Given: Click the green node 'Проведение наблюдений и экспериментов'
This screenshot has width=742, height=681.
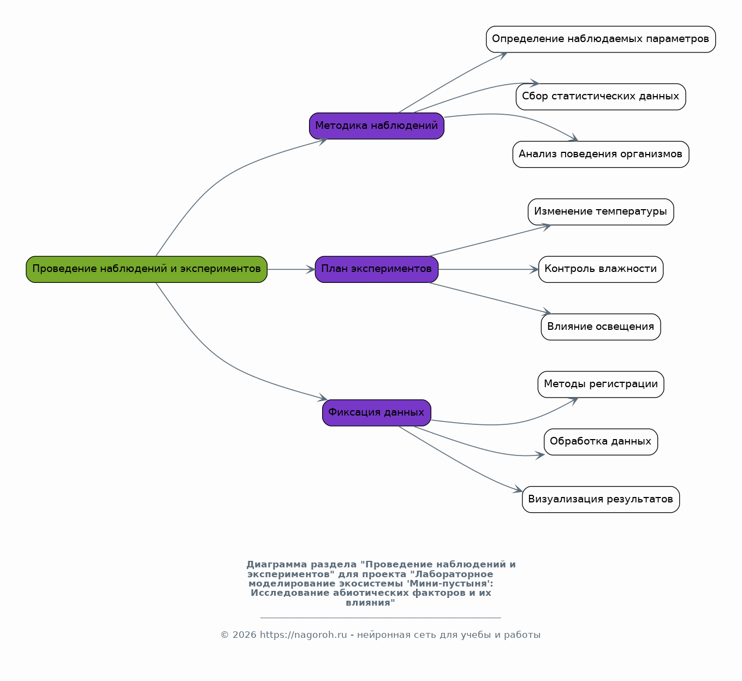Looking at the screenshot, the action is point(146,269).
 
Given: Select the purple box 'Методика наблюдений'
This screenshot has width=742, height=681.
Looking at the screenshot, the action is point(377,126).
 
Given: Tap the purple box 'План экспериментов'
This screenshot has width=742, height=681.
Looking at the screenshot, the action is point(377,269).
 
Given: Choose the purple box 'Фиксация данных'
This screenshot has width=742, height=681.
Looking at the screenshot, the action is point(377,413).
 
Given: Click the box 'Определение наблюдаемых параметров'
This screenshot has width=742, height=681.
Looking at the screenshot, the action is point(601,39).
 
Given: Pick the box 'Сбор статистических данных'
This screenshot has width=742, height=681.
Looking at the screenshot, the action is point(601,97).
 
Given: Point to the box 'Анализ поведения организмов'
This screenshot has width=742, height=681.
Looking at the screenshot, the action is point(601,155).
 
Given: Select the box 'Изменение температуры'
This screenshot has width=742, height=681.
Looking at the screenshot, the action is point(601,212).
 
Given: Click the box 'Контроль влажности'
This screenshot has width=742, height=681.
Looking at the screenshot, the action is point(601,269).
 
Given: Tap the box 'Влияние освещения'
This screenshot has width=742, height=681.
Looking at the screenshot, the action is point(601,327).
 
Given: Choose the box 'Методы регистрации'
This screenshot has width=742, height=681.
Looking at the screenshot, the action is point(601,384).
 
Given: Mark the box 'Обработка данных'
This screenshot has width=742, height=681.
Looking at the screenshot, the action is point(601,442).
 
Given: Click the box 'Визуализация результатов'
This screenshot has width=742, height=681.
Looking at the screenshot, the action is point(601,499).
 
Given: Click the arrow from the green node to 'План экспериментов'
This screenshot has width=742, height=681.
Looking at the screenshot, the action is point(291,269).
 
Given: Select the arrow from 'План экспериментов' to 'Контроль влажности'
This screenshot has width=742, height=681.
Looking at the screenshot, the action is point(488,269).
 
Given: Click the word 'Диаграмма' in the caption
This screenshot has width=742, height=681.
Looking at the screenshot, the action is point(277,565).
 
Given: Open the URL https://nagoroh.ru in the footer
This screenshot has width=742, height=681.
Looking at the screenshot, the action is point(304,635).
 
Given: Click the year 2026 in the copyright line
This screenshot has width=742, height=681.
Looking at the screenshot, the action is point(245,635).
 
